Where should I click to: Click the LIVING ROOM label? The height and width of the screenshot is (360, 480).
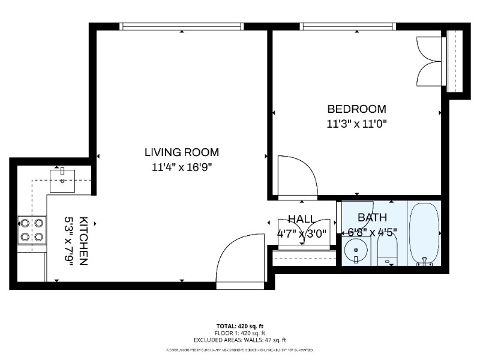point(182,152)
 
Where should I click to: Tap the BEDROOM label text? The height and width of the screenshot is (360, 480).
point(356,109)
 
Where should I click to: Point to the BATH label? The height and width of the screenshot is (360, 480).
point(372,218)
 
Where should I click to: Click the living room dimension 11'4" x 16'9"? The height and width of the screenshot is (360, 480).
point(182,168)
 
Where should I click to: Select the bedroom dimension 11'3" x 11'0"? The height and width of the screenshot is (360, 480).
point(356,124)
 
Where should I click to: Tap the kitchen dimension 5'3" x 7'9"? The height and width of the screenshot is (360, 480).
point(69,241)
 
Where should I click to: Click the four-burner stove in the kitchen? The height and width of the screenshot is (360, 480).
point(32,230)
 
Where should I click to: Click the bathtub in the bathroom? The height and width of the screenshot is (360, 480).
point(425,234)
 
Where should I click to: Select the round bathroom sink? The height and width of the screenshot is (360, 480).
point(356,247)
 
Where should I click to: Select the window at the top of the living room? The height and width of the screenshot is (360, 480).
point(182,26)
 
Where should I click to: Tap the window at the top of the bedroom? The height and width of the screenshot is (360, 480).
point(348,26)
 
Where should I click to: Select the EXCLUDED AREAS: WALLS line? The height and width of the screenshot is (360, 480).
point(240,340)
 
